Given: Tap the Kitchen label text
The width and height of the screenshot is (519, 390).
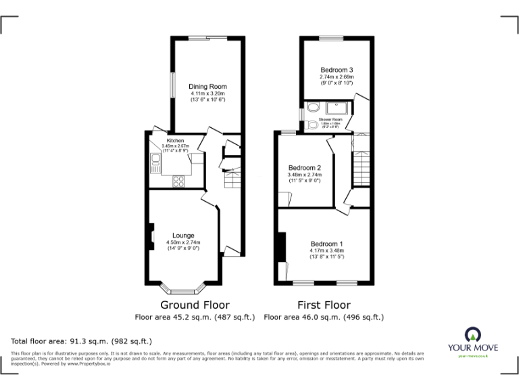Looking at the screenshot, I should (x=175, y=141).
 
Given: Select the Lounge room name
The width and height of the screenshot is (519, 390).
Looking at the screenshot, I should (x=183, y=236).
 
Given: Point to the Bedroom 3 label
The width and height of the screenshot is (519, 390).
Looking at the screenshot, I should (x=337, y=70).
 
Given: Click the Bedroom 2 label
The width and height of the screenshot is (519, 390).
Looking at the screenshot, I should (x=304, y=168).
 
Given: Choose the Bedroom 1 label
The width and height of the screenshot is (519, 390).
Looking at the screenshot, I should (x=327, y=244).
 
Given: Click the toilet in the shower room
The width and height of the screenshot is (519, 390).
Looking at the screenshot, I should (x=312, y=125).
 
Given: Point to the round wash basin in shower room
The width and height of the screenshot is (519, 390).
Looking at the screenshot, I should (x=313, y=107).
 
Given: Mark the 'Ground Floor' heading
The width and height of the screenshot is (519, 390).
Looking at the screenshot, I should (x=195, y=305).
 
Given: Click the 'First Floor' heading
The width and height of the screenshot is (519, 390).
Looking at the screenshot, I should (x=324, y=305).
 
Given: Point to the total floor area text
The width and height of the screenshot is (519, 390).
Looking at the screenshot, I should (x=82, y=341).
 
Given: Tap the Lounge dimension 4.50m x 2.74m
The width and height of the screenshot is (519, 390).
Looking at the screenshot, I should (x=183, y=243).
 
